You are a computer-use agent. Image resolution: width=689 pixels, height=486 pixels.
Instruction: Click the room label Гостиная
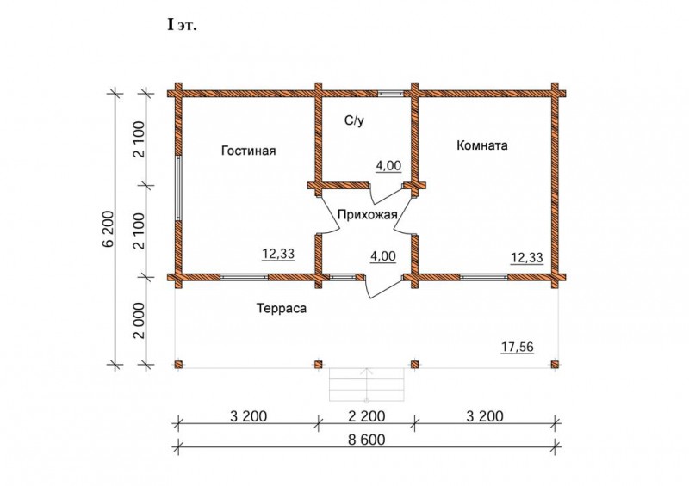pos(249,151)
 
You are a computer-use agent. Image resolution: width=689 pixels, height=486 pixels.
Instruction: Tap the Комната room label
pos(482,145)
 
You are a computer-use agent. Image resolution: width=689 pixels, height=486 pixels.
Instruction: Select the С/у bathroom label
pos(354,120)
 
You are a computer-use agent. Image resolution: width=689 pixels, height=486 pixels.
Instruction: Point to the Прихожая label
pos(368,215)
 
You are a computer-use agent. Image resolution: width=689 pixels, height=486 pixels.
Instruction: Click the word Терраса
pos(282,308)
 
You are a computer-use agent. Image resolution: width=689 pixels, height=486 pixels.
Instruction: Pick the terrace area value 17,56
pos(518,348)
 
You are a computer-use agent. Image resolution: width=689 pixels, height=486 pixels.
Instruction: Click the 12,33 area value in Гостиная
pos(278,254)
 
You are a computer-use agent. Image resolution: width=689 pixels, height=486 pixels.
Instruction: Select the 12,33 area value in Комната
pos(526,258)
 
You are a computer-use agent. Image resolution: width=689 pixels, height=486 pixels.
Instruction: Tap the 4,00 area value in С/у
pos(388,166)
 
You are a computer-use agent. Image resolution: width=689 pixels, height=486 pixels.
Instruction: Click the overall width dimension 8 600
pos(367,440)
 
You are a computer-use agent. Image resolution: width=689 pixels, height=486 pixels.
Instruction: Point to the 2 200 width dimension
pos(367,415)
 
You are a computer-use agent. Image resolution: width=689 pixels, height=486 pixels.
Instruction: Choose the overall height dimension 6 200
pos(109,229)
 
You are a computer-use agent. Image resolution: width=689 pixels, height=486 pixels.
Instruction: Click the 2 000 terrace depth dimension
pos(140,321)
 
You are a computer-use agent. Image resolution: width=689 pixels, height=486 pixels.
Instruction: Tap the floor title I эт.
pos(182,25)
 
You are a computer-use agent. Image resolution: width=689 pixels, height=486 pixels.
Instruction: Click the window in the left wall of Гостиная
pos(178,188)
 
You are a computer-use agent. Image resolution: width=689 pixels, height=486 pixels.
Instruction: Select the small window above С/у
pos(390,93)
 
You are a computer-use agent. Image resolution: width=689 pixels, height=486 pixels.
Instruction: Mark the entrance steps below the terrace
pos(367,384)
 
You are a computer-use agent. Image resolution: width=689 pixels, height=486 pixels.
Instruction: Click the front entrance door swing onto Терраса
pos(382,286)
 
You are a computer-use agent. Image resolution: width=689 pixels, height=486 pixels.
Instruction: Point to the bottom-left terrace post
pos(178,365)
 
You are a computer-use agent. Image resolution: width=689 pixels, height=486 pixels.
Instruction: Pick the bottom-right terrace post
pos(555,365)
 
